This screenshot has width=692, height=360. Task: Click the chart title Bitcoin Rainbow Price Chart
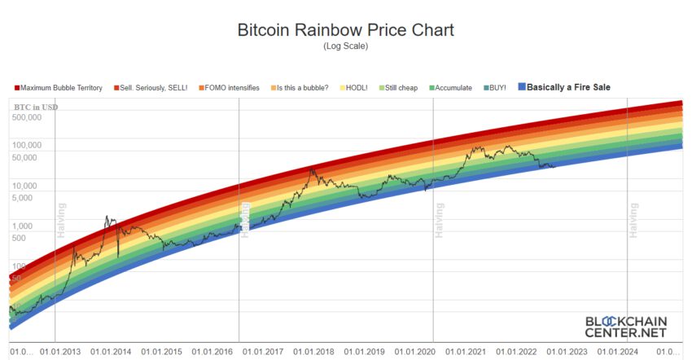coord(345,31)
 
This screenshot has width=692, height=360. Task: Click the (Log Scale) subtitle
coord(346,46)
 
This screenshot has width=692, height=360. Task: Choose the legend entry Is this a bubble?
coord(303,87)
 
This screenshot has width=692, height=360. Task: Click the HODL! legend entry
coord(358,87)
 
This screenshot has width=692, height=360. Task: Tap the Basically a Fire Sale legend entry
coord(568,87)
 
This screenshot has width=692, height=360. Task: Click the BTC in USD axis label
coord(36,107)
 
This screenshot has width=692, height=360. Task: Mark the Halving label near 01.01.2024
coord(633,221)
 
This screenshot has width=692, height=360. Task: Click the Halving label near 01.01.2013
coord(60,221)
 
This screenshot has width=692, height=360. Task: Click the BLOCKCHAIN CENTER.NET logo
coord(625,327)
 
